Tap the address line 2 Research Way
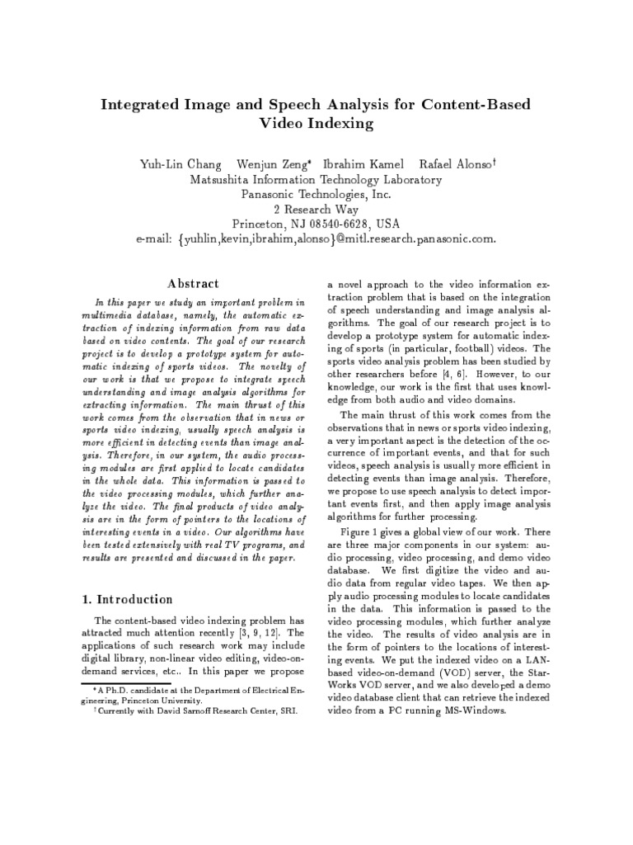click(x=317, y=210)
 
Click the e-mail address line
click(x=316, y=239)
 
